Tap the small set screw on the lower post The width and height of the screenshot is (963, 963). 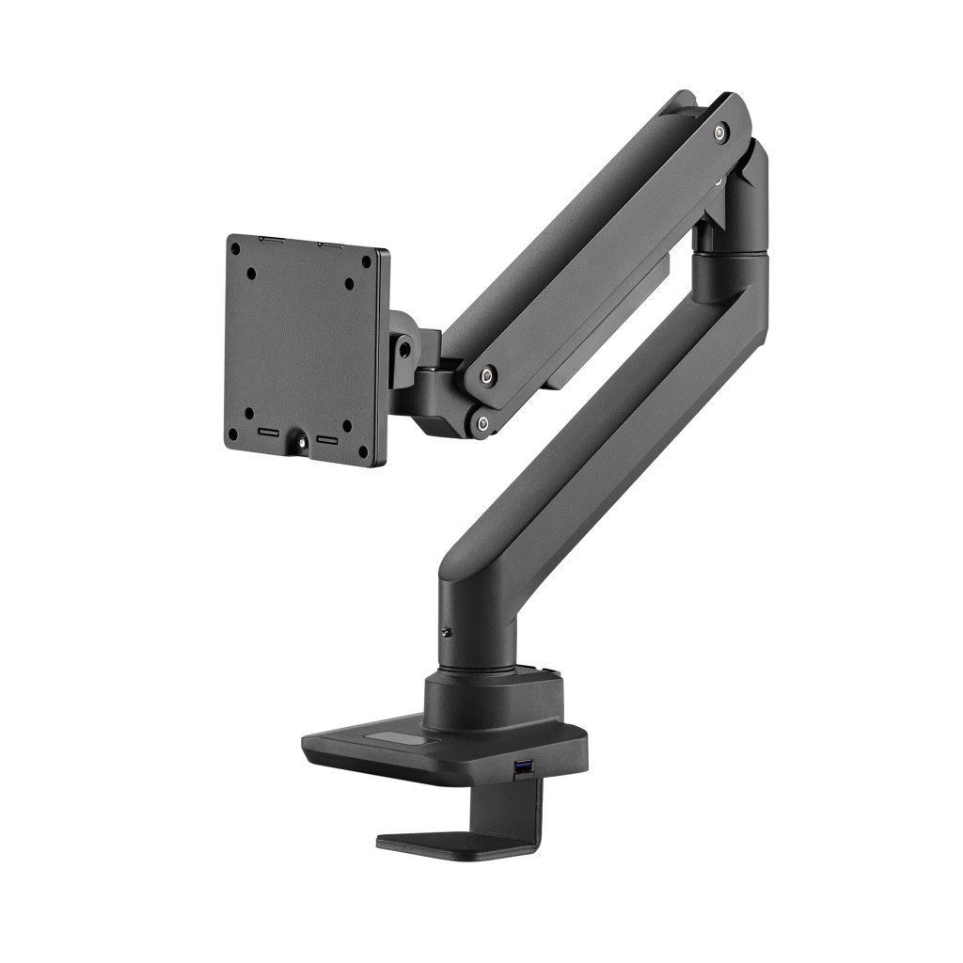[x=448, y=632]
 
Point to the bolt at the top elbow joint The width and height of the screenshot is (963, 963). [x=719, y=133]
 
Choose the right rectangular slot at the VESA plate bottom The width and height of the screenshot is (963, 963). [x=328, y=439]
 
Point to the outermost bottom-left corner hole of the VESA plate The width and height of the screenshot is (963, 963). [x=232, y=434]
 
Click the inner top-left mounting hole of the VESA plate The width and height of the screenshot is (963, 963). [x=251, y=274]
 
